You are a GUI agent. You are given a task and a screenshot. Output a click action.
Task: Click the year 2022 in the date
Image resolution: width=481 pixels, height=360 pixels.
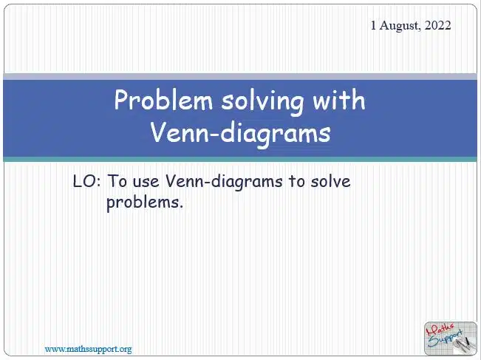(437, 25)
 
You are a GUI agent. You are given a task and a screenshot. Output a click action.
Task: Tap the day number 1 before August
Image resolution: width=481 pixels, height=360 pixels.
(373, 25)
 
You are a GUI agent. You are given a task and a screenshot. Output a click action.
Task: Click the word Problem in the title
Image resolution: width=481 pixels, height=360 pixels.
(163, 100)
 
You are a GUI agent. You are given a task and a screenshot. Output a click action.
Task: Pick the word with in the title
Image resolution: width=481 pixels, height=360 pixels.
(338, 100)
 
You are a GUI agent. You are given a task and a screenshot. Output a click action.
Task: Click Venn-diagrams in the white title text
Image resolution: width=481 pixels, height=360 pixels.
(240, 134)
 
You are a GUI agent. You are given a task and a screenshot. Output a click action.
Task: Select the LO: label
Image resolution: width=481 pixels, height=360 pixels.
(86, 181)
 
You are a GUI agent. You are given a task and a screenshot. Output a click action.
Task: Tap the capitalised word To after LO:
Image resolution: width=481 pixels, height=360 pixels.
(117, 181)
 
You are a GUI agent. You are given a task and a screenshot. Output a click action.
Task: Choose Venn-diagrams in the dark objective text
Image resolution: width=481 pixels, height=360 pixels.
(224, 182)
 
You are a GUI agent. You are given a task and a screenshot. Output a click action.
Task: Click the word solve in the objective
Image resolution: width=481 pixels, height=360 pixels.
(331, 181)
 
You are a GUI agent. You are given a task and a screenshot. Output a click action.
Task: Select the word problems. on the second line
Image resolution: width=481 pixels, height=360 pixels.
(145, 203)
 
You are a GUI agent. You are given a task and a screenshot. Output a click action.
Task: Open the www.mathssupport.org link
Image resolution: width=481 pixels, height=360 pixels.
(89, 349)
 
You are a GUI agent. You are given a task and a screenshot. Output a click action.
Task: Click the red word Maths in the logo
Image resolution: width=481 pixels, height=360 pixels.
(440, 330)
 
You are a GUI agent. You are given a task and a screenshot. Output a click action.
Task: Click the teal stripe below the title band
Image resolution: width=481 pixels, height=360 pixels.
(240, 159)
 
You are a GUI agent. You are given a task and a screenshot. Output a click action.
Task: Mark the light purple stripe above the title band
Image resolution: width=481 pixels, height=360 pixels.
(240, 77)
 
